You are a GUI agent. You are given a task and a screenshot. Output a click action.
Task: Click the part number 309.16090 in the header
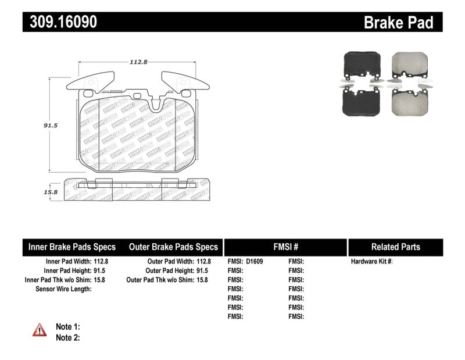pyautogui.click(x=60, y=22)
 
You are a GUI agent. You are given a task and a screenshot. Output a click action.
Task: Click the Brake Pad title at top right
pyautogui.click(x=398, y=23)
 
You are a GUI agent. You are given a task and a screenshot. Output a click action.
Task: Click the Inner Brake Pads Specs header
pyautogui.click(x=72, y=247)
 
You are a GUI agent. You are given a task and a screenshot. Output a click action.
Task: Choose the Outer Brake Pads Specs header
pyautogui.click(x=173, y=247)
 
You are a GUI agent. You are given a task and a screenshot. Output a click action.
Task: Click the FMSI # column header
pyautogui.click(x=285, y=247)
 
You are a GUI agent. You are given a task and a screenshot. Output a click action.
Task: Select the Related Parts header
pyautogui.click(x=395, y=247)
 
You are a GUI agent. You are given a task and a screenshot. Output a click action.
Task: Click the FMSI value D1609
pyautogui.click(x=255, y=262)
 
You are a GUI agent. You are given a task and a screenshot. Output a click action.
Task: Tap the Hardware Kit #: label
pyautogui.click(x=371, y=262)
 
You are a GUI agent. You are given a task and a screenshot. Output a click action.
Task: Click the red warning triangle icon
pyautogui.click(x=39, y=330)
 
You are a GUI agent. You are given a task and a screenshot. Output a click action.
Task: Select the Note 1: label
pyautogui.click(x=67, y=327)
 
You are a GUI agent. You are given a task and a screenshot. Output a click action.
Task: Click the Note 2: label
pyautogui.click(x=67, y=337)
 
